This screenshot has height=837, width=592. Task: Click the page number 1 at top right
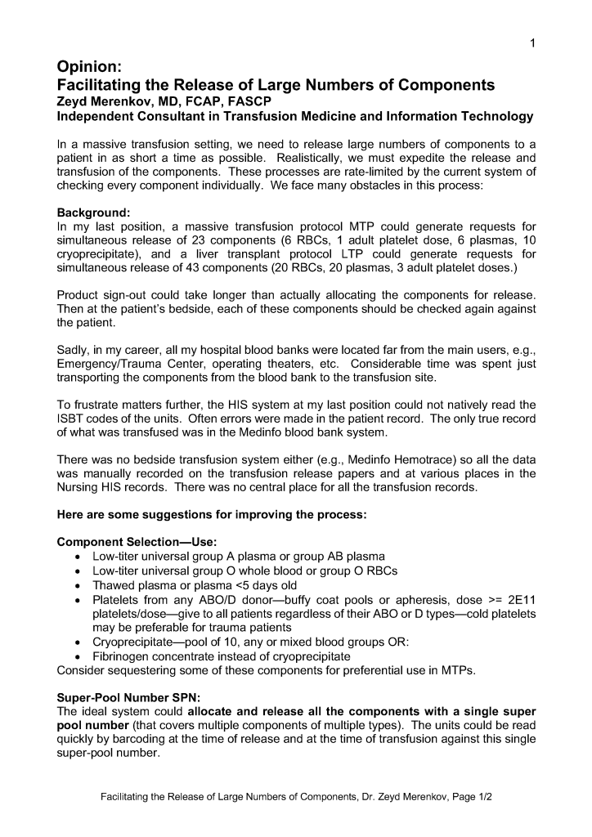(531, 44)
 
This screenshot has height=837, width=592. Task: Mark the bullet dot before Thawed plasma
(76, 586)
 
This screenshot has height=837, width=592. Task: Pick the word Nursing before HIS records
(79, 487)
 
